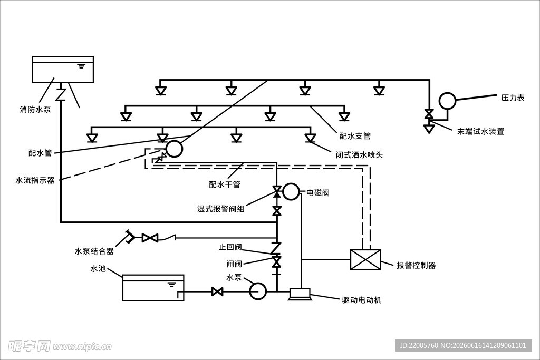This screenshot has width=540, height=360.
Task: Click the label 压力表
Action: pyautogui.click(x=513, y=98)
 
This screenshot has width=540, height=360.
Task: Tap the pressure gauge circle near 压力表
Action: pyautogui.click(x=447, y=101)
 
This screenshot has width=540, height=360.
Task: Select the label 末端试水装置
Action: pyautogui.click(x=481, y=131)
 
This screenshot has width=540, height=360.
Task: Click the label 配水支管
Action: pyautogui.click(x=355, y=136)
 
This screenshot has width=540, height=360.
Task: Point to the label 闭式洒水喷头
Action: pyautogui.click(x=360, y=155)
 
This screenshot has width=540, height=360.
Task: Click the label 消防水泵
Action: pyautogui.click(x=35, y=110)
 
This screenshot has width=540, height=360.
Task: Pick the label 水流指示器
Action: pyautogui.click(x=35, y=180)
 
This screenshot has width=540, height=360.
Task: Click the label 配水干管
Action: pyautogui.click(x=225, y=184)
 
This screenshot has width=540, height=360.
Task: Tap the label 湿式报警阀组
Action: pyautogui.click(x=221, y=209)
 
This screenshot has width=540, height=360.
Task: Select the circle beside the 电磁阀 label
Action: pyautogui.click(x=291, y=191)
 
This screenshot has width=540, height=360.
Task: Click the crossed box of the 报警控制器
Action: pyautogui.click(x=365, y=259)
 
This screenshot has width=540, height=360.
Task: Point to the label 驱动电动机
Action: pyautogui.click(x=362, y=300)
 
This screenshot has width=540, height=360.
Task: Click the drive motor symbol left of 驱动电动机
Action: pyautogui.click(x=300, y=294)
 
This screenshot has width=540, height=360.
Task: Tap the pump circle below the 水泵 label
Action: pyautogui.click(x=257, y=291)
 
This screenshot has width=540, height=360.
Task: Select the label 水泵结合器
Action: pyautogui.click(x=94, y=251)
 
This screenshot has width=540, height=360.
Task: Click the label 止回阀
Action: pyautogui.click(x=230, y=247)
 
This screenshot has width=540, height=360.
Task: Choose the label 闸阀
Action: pyautogui.click(x=234, y=264)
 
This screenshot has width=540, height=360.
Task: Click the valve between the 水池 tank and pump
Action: pyautogui.click(x=217, y=292)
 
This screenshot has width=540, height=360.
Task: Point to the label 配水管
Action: pyautogui.click(x=40, y=153)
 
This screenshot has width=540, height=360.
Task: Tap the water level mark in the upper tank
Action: pyautogui.click(x=81, y=66)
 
